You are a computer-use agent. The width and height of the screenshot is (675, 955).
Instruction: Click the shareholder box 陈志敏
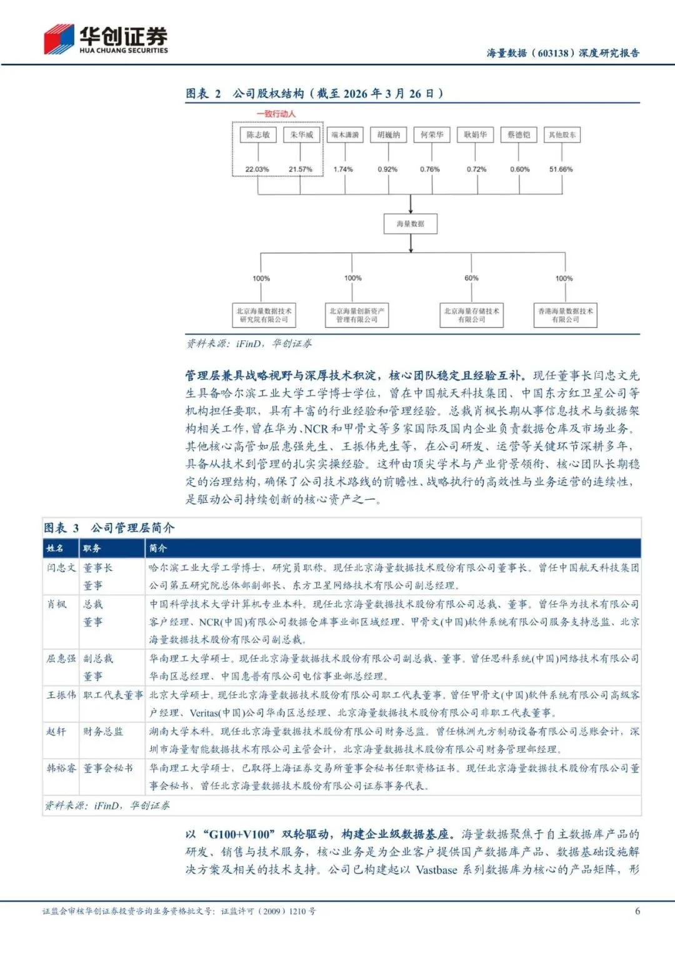coord(258,134)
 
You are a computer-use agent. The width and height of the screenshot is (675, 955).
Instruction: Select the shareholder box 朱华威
coord(301,134)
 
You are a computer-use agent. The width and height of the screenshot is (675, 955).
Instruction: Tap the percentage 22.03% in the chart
coord(257,169)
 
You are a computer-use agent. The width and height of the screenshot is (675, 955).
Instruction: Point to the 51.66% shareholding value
coord(561,169)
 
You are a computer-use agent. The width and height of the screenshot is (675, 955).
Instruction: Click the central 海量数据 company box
coord(410,223)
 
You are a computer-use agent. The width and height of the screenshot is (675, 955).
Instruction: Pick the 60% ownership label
coord(471,278)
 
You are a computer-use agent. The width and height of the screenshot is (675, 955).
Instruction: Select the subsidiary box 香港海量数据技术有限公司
coord(566,315)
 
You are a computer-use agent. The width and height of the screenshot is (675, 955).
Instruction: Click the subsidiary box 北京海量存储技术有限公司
coord(471,315)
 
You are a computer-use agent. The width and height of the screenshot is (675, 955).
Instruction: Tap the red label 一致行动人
coord(276,114)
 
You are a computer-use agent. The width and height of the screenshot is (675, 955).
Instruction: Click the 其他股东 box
coord(562,134)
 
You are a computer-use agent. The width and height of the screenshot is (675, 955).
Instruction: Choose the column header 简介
coord(158,548)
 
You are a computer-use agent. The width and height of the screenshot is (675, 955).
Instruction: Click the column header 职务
coord(92,548)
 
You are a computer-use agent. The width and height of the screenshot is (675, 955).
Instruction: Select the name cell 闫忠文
coord(61,568)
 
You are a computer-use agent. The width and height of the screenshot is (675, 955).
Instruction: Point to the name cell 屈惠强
coord(61,659)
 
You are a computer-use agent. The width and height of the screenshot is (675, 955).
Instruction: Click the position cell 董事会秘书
coord(108,768)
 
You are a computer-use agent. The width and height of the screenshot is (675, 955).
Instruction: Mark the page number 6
coord(637,911)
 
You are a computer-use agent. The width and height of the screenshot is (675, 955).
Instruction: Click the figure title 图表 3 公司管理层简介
coord(109,528)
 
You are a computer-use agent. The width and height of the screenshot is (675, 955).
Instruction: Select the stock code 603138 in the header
coord(553,53)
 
